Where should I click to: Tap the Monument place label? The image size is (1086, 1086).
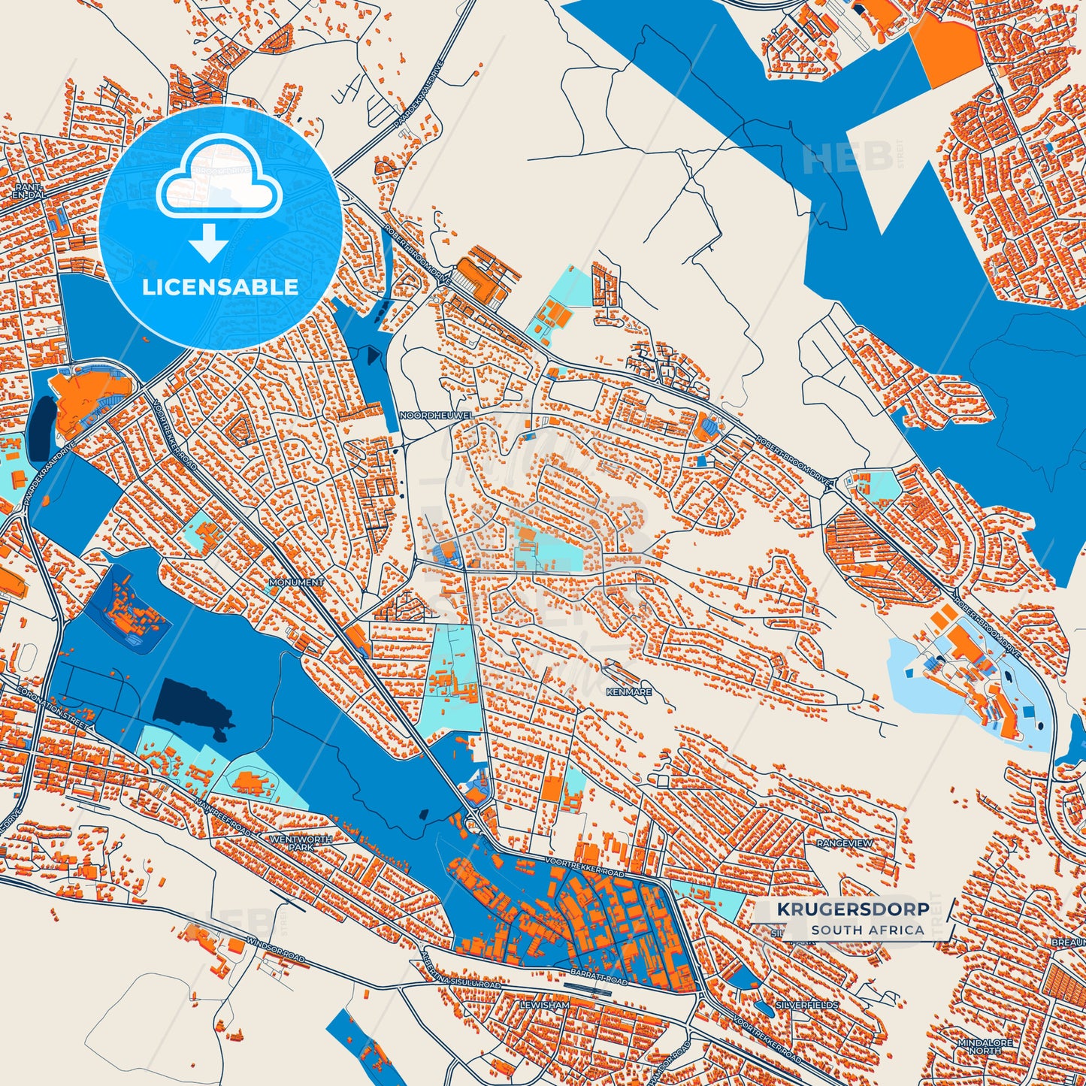coord(296,582)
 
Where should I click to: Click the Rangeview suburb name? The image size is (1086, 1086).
coord(845,843)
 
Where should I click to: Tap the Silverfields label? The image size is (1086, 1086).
coord(806,1005)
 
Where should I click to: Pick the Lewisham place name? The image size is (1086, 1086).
coord(545,1005)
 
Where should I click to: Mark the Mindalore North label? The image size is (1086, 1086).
coord(985,1047)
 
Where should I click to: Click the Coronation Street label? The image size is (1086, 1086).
coord(53,709)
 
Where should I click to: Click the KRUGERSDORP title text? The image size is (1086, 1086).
coord(852,909)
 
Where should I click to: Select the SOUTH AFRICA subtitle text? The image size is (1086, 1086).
coord(867,930)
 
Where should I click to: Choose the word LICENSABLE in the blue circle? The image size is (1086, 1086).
coord(220,286)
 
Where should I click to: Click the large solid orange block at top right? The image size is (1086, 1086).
coord(948,47)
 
